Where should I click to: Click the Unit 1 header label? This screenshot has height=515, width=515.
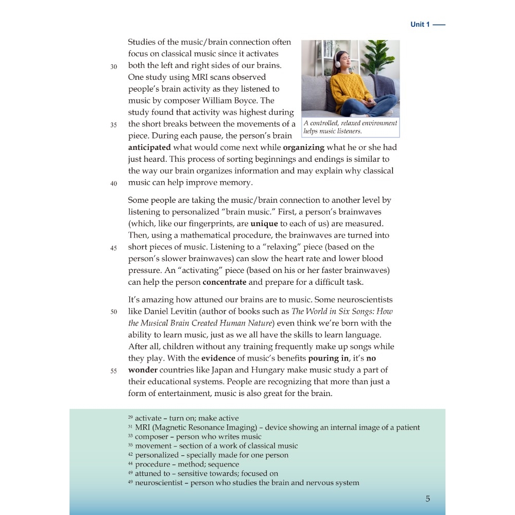[420, 24]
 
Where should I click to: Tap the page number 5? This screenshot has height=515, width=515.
[428, 499]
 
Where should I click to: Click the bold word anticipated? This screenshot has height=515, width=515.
[149, 147]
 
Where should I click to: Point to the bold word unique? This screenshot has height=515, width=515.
[264, 224]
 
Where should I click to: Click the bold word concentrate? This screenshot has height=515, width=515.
[225, 282]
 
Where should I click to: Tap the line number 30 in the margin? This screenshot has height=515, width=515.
[114, 66]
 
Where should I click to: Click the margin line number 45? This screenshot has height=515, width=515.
[114, 248]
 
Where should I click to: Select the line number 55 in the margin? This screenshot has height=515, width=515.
[114, 371]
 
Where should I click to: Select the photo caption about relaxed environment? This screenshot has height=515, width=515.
[350, 127]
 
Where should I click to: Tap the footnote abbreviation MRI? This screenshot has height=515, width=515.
[142, 427]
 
